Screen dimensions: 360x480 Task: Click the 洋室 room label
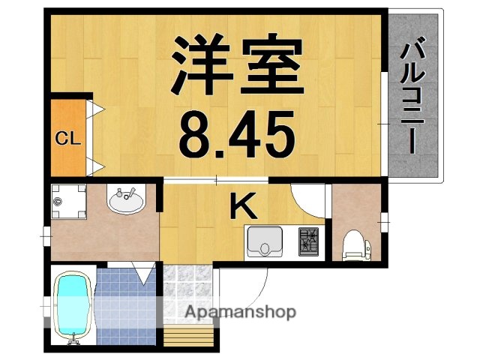click(x=238, y=64)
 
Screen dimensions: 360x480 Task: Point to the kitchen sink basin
click(x=265, y=242)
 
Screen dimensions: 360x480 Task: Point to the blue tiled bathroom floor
click(x=120, y=300)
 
